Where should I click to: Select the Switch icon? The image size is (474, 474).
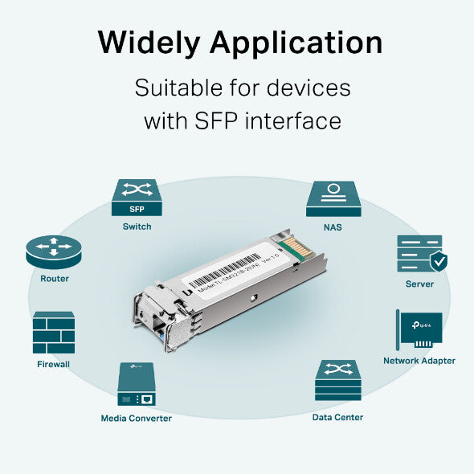pos(137,198)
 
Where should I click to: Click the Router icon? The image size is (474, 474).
pos(54,252)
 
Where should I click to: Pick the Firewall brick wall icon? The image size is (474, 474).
pos(53,333)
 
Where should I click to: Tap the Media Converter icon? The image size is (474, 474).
pos(136,384)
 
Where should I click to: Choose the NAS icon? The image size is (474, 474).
pos(333,198)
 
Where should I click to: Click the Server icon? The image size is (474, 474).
pos(419,254)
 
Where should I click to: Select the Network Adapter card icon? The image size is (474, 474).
pos(419,329)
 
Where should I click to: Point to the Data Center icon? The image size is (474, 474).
pos(337,381)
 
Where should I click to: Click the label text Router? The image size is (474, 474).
pos(55,279)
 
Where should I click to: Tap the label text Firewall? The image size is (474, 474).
pos(53,364)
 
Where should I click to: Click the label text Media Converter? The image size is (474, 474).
pos(136,418)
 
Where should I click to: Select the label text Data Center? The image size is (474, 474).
pos(337,417)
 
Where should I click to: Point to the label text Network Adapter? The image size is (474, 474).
pos(419,361)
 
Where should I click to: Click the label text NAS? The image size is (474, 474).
pos(333,227)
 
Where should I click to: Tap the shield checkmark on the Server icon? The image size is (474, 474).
pos(438,262)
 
